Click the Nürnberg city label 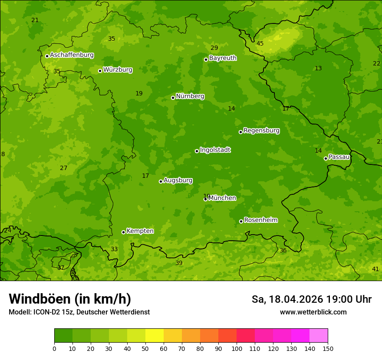click(190, 96)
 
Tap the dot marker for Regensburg click(240, 132)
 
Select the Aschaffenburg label click(72, 55)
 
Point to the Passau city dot click(326, 158)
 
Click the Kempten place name click(140, 231)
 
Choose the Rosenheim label click(260, 220)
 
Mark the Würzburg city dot click(100, 71)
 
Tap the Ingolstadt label click(215, 150)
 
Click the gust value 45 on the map click(260, 43)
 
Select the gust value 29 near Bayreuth click(214, 48)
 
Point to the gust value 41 click(375, 269)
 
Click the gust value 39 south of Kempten click(179, 263)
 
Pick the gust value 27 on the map click(64, 168)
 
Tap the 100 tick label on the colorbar click(237, 348)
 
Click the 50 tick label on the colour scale click(145, 348)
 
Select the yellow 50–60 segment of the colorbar click(155, 336)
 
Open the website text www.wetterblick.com click(313, 312)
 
